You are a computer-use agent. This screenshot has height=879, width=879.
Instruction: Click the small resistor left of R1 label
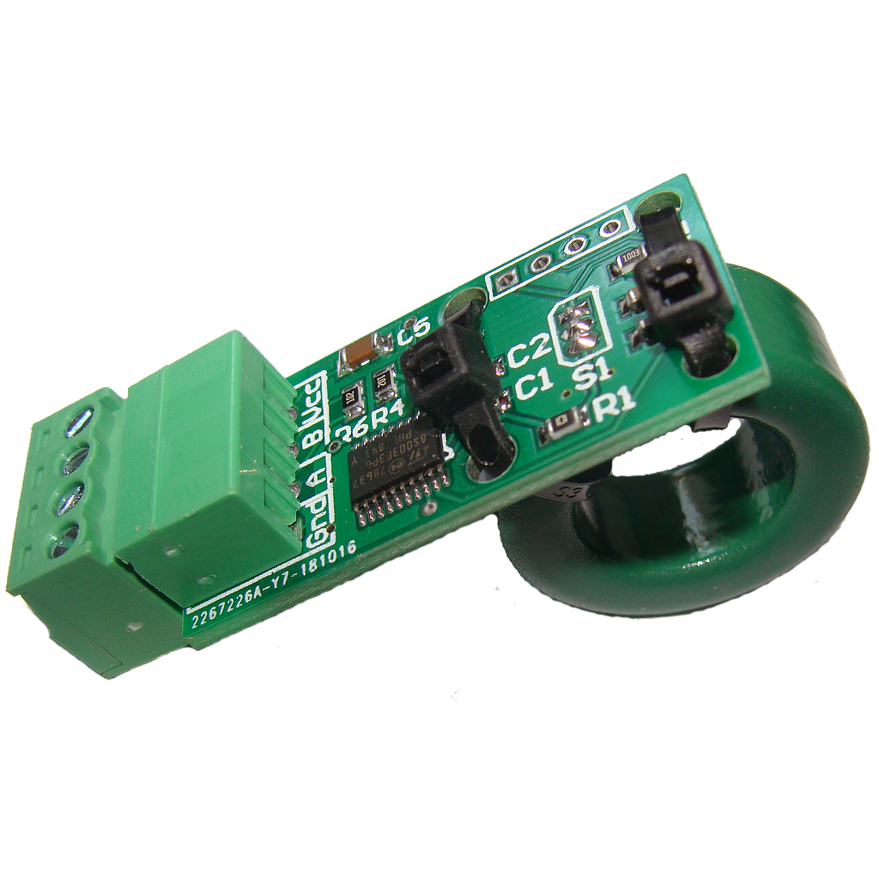(566, 424)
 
